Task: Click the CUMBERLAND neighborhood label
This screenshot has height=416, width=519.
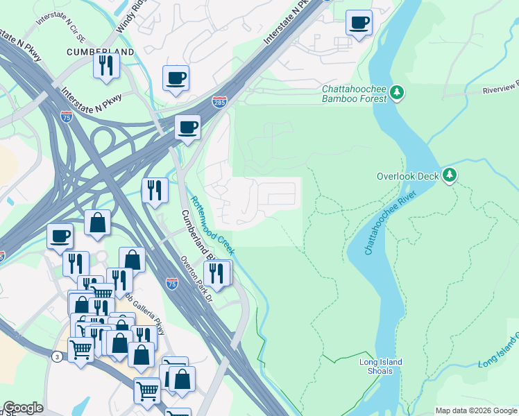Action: pyautogui.click(x=101, y=52)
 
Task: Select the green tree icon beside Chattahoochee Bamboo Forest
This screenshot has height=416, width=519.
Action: pyautogui.click(x=397, y=93)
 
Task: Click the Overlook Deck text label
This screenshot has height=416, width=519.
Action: pyautogui.click(x=407, y=176)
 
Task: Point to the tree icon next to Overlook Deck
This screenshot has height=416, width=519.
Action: pyautogui.click(x=450, y=175)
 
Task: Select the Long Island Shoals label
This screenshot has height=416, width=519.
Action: pyautogui.click(x=380, y=366)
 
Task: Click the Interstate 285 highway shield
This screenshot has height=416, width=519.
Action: pyautogui.click(x=219, y=102)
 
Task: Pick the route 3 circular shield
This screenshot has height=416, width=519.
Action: pyautogui.click(x=56, y=356)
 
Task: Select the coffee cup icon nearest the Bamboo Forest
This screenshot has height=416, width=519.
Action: pyautogui.click(x=359, y=22)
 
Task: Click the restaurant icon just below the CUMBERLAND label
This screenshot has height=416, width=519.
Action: pyautogui.click(x=106, y=65)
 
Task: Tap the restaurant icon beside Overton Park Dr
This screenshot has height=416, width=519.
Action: pyautogui.click(x=217, y=273)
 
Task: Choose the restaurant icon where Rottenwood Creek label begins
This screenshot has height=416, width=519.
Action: pyautogui.click(x=154, y=190)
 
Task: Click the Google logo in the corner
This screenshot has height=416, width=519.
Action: pyautogui.click(x=23, y=408)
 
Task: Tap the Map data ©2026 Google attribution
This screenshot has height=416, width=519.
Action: pyautogui.click(x=476, y=410)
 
